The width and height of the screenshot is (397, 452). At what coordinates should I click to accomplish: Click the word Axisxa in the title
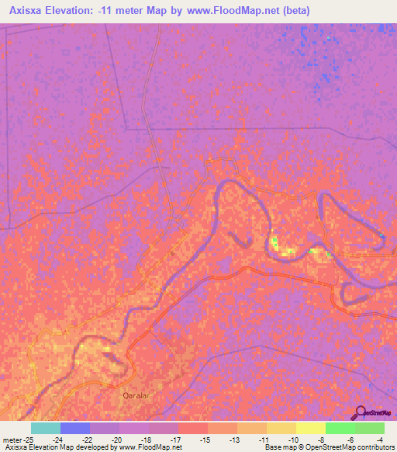click(32, 11)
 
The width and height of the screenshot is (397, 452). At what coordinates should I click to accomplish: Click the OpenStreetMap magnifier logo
click(361, 412)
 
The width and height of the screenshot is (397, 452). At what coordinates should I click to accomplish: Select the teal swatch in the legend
click(46, 428)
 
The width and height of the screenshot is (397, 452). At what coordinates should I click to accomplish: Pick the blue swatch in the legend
click(75, 428)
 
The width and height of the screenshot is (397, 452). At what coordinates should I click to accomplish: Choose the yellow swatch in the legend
click(311, 428)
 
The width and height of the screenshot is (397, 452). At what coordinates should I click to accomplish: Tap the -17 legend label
click(174, 440)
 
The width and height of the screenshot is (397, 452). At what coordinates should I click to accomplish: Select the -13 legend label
click(233, 440)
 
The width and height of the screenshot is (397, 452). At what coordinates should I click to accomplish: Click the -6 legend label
click(351, 440)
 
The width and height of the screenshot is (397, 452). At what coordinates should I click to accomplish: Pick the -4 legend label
click(379, 440)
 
